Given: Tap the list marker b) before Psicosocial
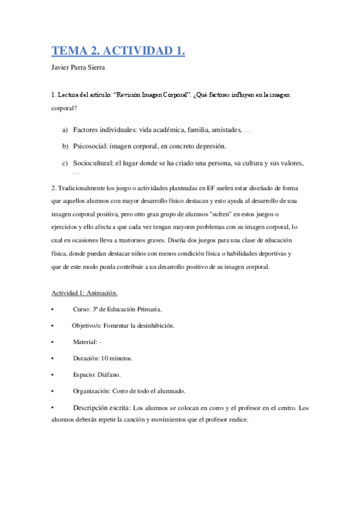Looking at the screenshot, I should [x=65, y=146].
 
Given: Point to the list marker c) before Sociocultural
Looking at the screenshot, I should [x=65, y=163].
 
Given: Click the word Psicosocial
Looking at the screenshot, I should [x=91, y=146].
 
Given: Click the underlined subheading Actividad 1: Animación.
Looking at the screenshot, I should [x=84, y=293].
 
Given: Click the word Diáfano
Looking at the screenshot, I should [x=107, y=374].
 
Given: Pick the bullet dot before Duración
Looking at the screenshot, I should [x=53, y=358].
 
